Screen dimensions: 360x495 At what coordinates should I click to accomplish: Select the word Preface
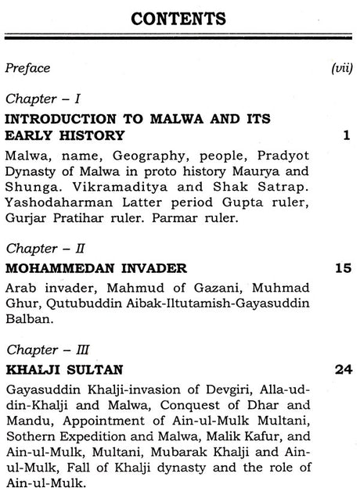tap(28, 68)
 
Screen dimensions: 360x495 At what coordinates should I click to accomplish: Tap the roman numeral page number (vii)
tap(342, 68)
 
